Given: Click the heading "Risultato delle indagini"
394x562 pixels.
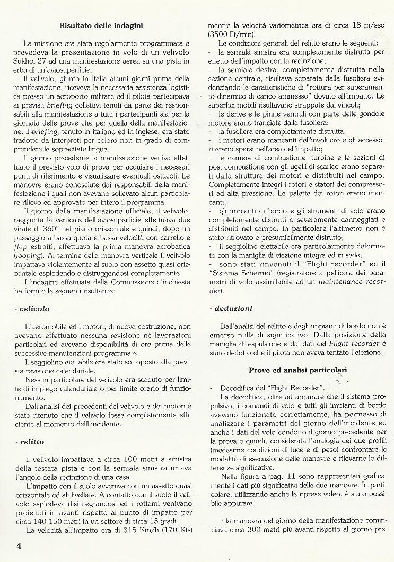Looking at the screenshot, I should [x=101, y=24].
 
